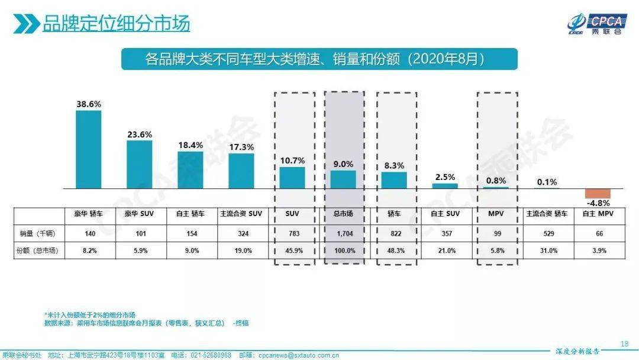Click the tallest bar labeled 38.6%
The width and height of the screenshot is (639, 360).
pos(89,149)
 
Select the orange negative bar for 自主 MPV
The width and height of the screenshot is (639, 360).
pos(597,194)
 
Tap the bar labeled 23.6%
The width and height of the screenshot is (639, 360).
pos(140,164)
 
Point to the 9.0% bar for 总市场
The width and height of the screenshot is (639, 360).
pos(343,179)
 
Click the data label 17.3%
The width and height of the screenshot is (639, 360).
pos(241,146)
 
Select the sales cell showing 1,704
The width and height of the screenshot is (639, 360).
pos(344,234)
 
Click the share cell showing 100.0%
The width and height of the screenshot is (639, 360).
pos(344,250)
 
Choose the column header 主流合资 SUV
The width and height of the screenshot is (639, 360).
pos(241,214)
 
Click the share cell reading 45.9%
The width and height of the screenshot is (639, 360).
pos(293,250)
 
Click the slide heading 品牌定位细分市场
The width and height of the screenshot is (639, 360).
pos(116,24)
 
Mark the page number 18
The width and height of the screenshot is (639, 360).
pos(624,343)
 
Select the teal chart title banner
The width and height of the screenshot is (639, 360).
pos(319,59)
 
